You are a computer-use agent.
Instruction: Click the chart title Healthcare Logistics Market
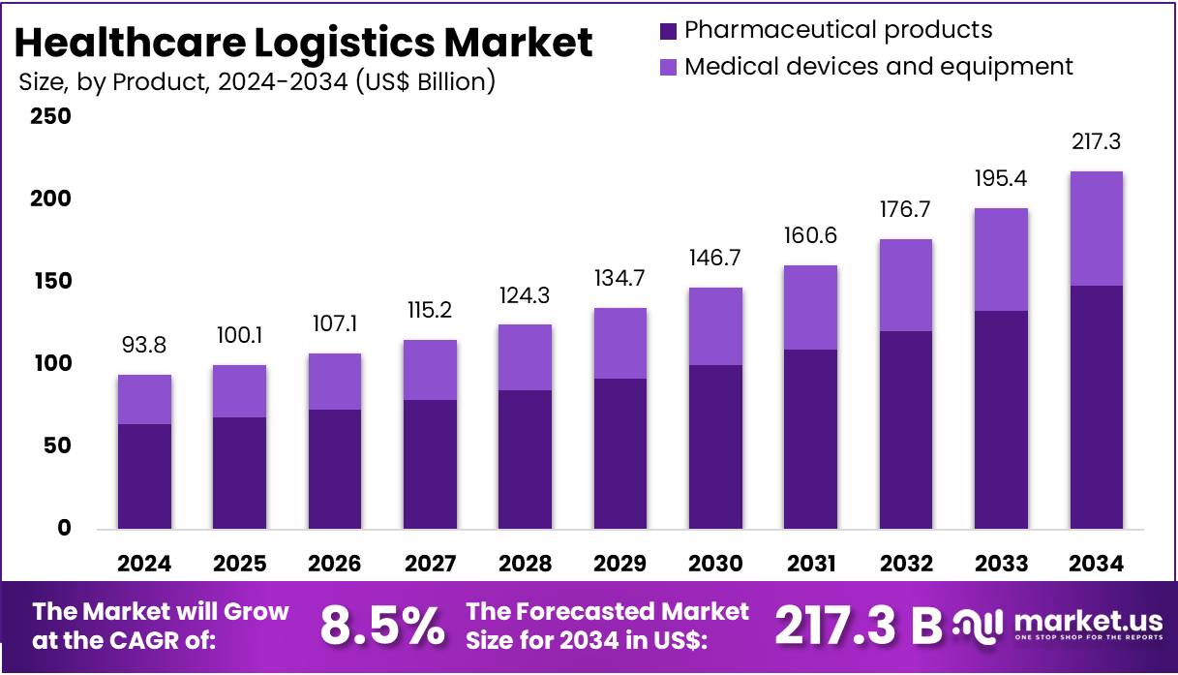tap(304, 43)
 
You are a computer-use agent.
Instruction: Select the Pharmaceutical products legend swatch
tap(668, 31)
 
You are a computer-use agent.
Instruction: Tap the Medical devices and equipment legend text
tap(878, 67)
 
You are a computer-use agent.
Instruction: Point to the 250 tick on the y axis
tap(50, 116)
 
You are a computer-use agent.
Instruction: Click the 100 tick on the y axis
tap(50, 363)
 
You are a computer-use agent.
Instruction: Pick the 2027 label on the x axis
tap(430, 564)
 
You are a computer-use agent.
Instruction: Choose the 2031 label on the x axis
tap(810, 564)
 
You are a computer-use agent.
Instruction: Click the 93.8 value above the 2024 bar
tap(144, 346)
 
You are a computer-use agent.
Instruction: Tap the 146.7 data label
tap(715, 259)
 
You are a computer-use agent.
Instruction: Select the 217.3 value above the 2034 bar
tap(1096, 142)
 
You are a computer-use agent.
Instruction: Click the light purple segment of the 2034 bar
tap(1096, 229)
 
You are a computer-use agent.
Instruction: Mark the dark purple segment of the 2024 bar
tap(144, 476)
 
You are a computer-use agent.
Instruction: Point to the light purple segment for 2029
tap(620, 343)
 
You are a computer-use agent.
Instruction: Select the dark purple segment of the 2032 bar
tap(905, 430)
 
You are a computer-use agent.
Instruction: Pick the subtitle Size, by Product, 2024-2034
tap(257, 81)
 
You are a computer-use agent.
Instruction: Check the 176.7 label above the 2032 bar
tap(905, 210)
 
